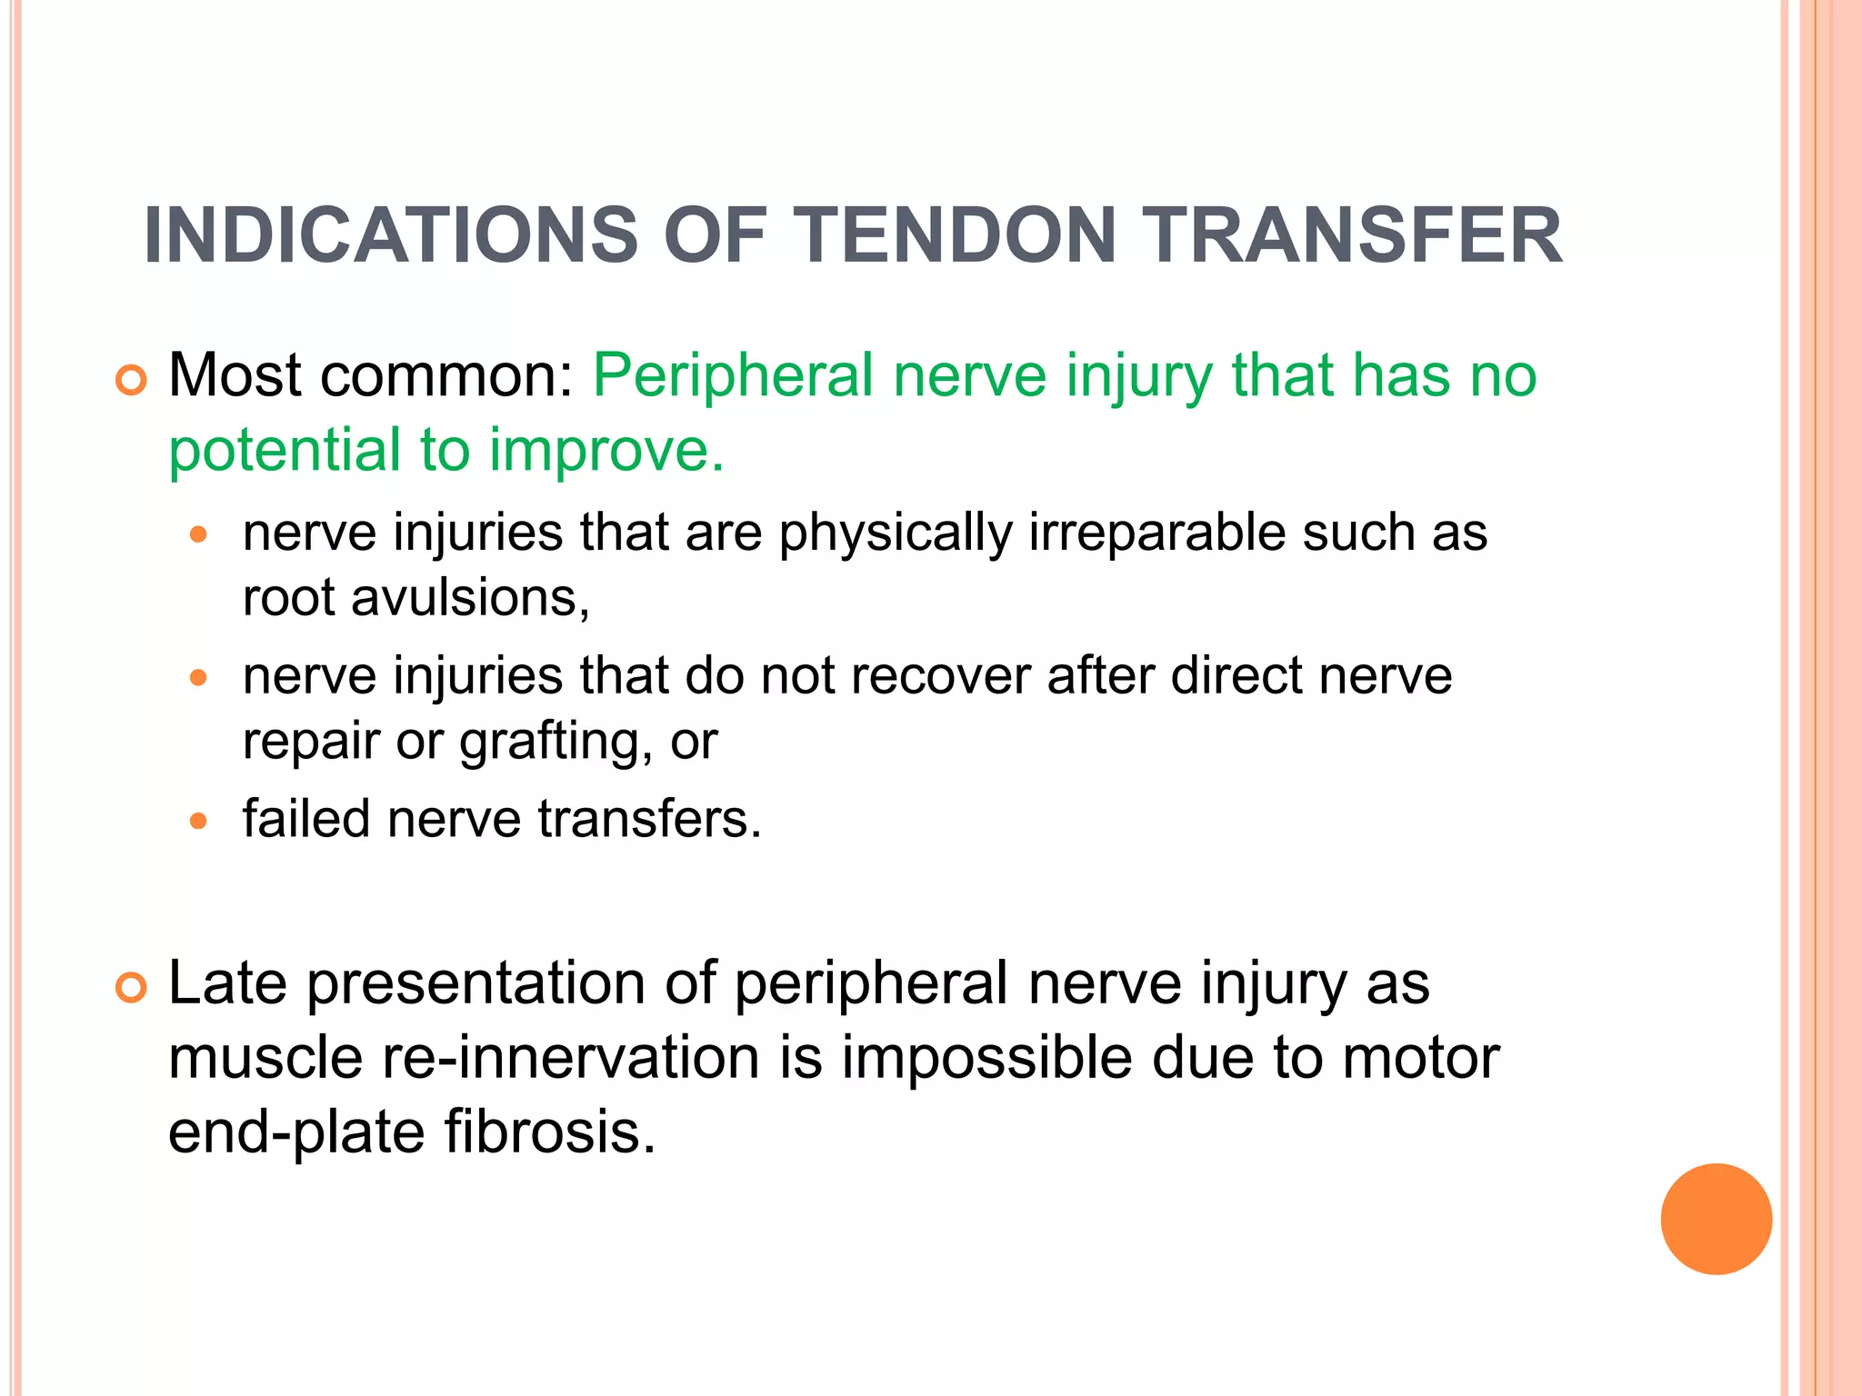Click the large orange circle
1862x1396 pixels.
1716,1219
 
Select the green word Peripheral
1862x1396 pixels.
733,375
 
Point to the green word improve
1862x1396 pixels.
606,450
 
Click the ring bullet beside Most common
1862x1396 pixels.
132,381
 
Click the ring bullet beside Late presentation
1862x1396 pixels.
132,988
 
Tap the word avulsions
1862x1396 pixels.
470,598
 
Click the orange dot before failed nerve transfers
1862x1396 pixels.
199,822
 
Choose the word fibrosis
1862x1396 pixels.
549,1132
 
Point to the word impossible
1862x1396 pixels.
987,1059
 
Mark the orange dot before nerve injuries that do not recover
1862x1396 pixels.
199,678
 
